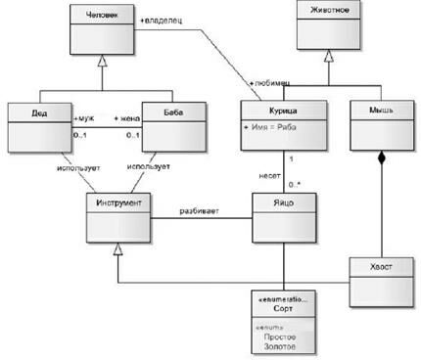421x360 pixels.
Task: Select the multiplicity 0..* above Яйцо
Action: (x=294, y=183)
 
